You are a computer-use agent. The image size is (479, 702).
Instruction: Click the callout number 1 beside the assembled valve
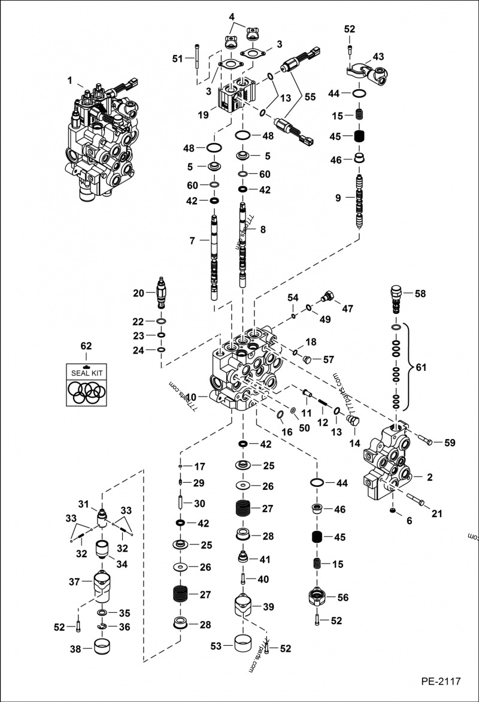pyautogui.click(x=70, y=80)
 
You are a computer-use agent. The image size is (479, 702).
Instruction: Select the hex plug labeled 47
pyautogui.click(x=327, y=297)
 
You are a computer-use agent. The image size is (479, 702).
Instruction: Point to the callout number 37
pyautogui.click(x=75, y=582)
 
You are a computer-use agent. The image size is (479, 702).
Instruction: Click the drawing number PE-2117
pyautogui.click(x=440, y=681)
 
